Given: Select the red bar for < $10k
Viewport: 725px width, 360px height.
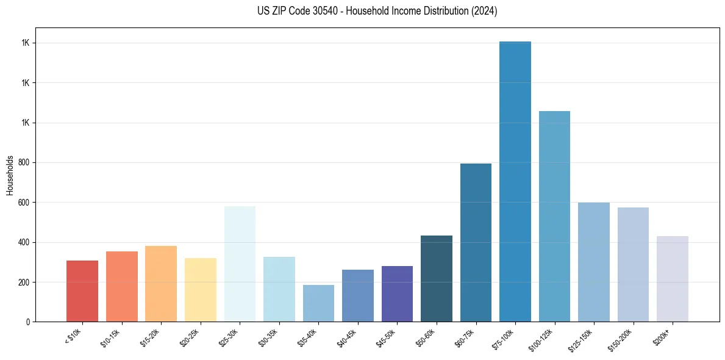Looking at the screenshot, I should pyautogui.click(x=82, y=291).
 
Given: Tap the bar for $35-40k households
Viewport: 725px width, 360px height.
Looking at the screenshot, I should pyautogui.click(x=318, y=303).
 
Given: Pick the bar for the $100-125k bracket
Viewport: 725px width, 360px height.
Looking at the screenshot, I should pyautogui.click(x=554, y=217).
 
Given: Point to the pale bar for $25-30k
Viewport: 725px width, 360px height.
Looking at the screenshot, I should pyautogui.click(x=240, y=264).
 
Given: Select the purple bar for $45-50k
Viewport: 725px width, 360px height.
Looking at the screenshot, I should pyautogui.click(x=397, y=293).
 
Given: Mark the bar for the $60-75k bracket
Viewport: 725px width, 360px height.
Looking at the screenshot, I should pyautogui.click(x=476, y=243).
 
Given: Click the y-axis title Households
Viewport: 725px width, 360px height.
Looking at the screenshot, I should pyautogui.click(x=10, y=175).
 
